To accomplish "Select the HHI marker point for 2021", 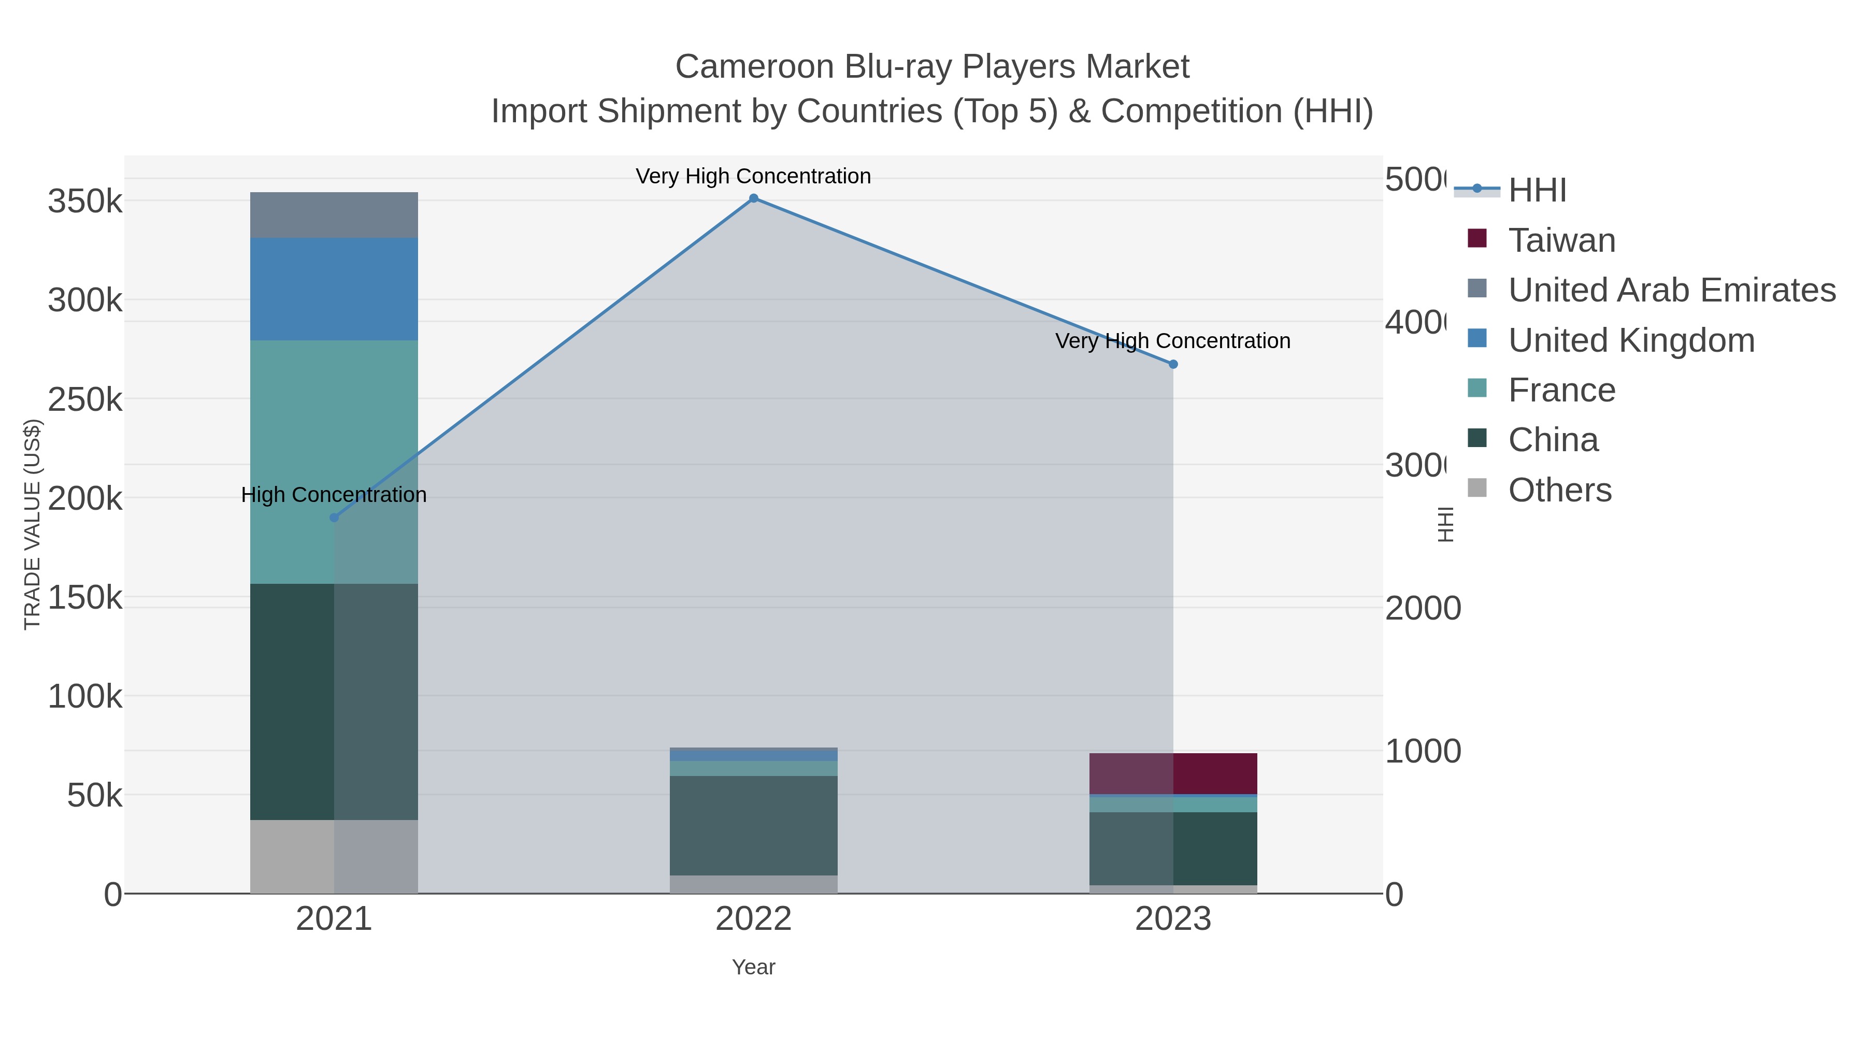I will [x=334, y=518].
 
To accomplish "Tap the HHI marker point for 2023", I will [x=1173, y=364].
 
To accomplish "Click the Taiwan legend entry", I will [x=1561, y=240].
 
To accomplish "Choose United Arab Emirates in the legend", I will [x=1671, y=290].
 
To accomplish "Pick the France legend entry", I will [x=1561, y=390].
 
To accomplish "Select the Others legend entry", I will [x=1559, y=490].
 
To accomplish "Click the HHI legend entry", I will [x=1537, y=191].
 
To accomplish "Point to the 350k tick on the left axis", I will [x=85, y=202].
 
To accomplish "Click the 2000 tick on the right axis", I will [x=1422, y=608].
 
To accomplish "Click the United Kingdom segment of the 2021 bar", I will [x=334, y=289].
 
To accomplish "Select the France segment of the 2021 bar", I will [x=334, y=435].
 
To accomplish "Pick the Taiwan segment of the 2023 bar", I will [x=1173, y=773].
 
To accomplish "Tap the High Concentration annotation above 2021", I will [x=334, y=495].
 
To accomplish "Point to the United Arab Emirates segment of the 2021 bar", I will [x=334, y=215].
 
